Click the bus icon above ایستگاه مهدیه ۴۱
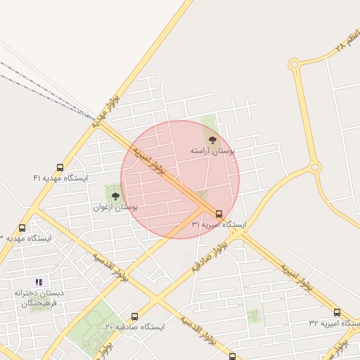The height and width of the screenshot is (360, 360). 59,168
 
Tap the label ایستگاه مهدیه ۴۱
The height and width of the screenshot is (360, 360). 60,179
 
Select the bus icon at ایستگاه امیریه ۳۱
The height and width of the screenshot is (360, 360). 219,214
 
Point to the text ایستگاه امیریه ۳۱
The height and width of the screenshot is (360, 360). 219,225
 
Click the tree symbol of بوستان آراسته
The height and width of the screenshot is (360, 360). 213,140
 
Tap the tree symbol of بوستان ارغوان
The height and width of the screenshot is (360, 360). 115,196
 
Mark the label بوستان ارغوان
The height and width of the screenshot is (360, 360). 115,207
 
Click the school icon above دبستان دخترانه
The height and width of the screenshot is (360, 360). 39,282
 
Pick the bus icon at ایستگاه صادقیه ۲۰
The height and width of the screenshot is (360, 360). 134,316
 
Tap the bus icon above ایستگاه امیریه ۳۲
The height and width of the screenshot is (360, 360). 337,312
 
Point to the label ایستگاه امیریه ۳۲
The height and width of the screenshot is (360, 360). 332,323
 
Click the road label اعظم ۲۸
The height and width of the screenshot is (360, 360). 347,41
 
